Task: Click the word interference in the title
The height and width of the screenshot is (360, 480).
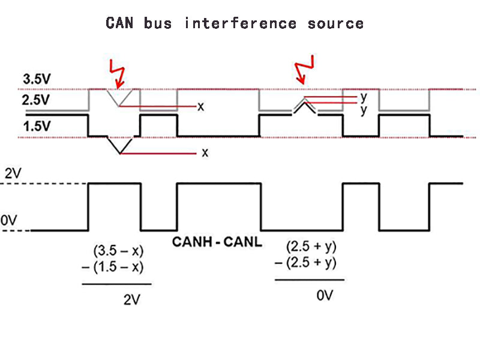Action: point(241,23)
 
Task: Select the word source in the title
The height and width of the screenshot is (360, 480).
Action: point(335,23)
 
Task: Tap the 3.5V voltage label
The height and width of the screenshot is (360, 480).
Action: point(37,79)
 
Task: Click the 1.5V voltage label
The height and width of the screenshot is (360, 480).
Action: point(37,126)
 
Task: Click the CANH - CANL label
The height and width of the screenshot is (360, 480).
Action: point(217,242)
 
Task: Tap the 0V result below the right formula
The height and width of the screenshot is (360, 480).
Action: point(323,296)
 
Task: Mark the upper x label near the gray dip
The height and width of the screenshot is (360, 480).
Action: point(201,106)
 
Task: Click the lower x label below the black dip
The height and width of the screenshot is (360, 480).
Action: point(205,152)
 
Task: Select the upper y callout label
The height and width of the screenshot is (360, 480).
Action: point(364,96)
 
